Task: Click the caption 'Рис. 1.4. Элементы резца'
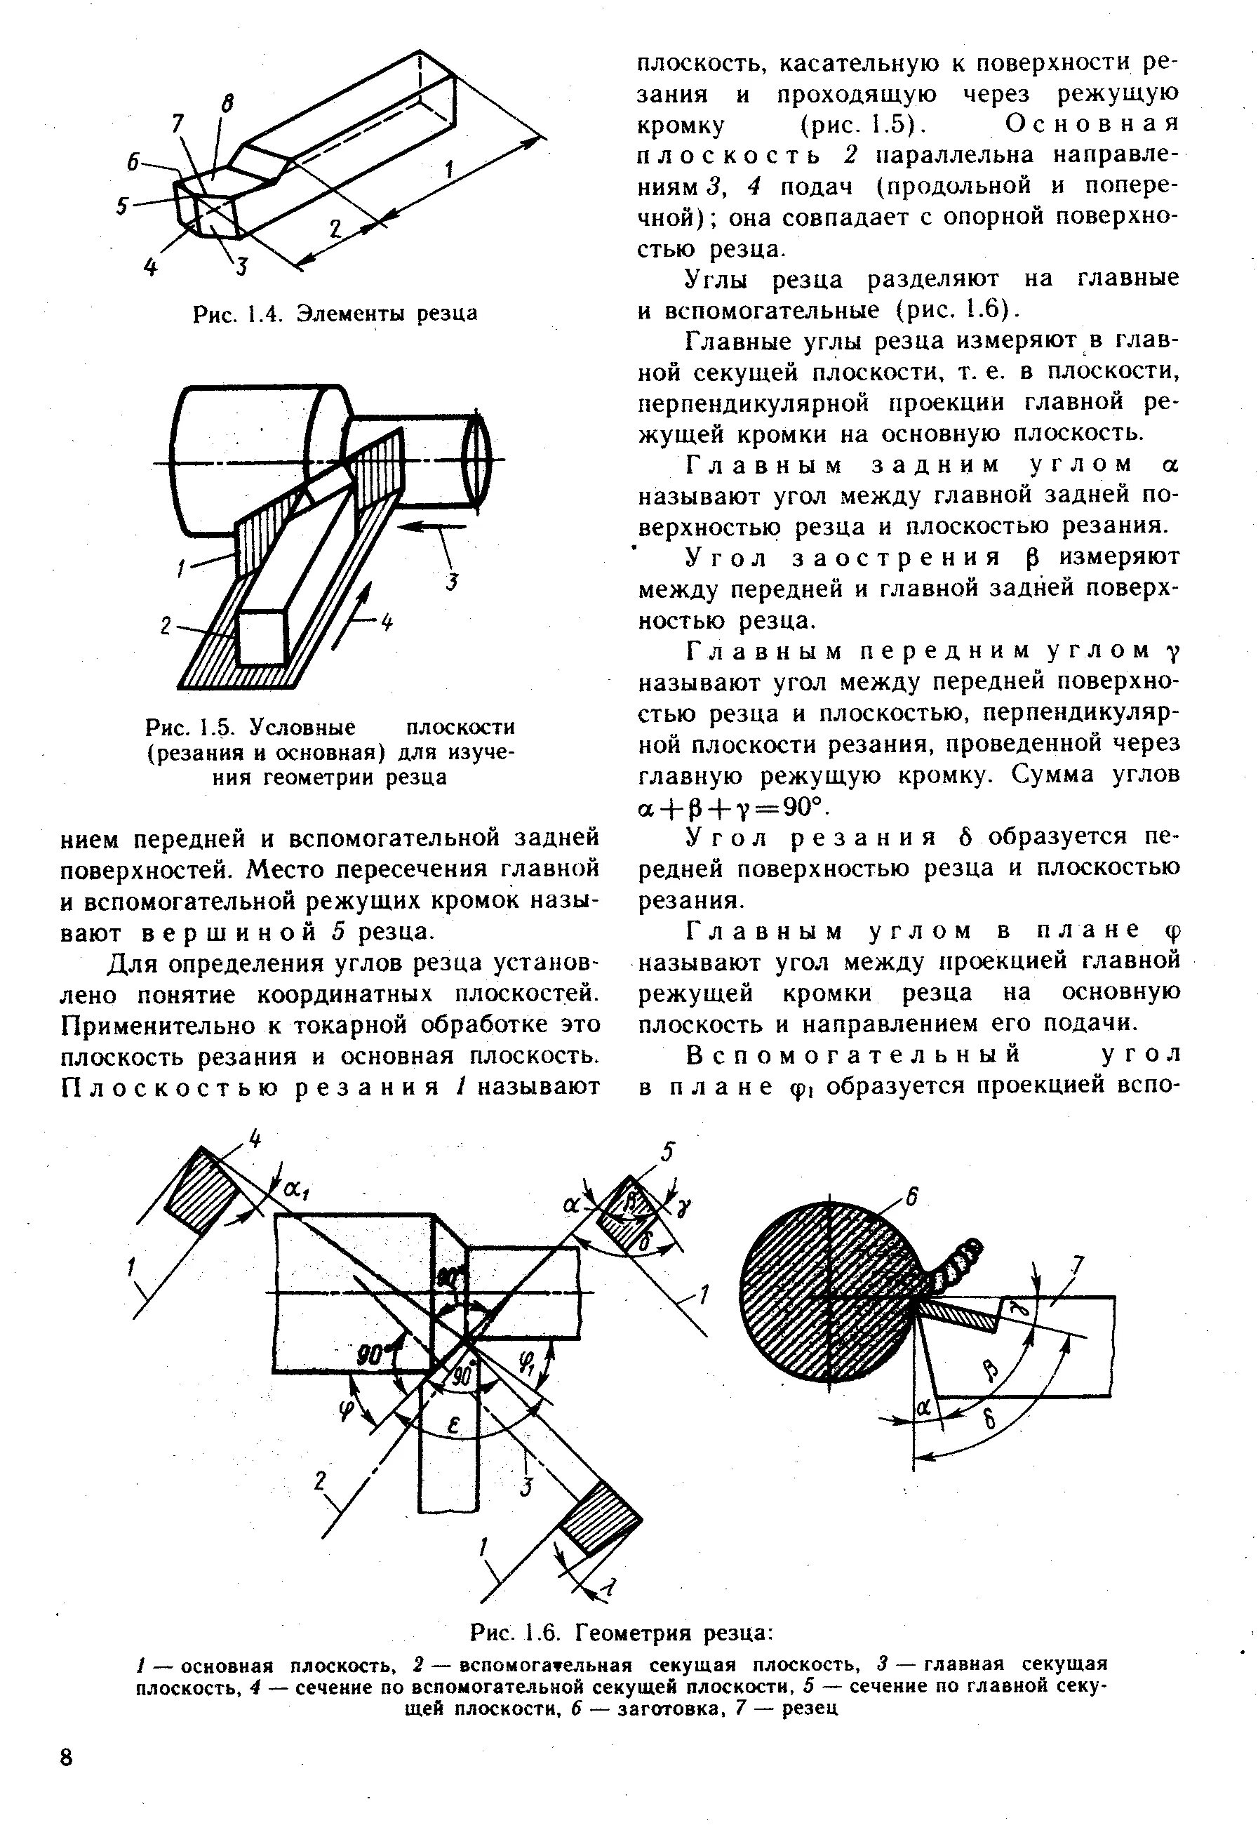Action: (335, 314)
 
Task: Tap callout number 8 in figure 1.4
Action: (227, 103)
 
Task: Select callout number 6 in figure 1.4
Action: (135, 161)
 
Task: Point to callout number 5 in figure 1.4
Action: (123, 206)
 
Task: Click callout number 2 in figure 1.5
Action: (166, 626)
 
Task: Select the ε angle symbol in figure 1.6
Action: (455, 1425)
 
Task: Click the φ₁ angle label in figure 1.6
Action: (526, 1360)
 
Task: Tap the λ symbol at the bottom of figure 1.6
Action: (609, 1587)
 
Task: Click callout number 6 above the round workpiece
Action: (911, 1197)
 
